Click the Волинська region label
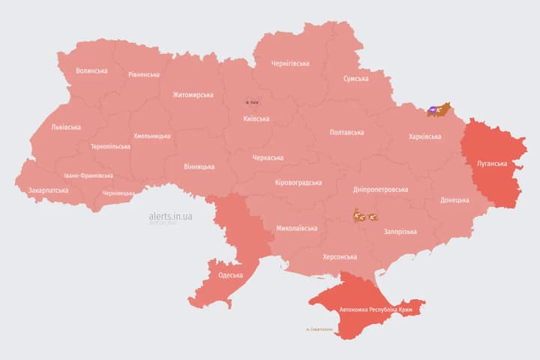91,71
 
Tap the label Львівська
66,127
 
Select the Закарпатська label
48,190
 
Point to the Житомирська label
193,95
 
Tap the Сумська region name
355,79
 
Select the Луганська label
492,163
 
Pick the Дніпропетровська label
381,190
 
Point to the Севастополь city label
319,329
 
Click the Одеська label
230,275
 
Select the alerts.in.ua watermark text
170,216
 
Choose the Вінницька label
199,166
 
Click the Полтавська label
346,133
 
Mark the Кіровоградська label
298,183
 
